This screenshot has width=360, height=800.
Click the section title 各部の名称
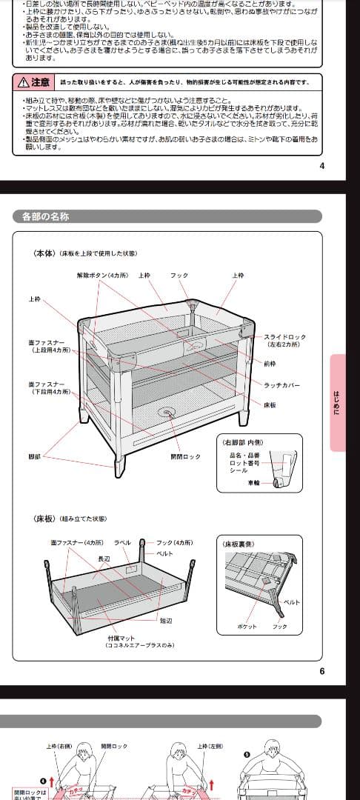click(x=46, y=216)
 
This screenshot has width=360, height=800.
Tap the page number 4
click(x=321, y=165)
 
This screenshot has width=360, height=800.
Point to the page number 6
click(x=322, y=672)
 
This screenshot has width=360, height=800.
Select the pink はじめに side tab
click(x=337, y=402)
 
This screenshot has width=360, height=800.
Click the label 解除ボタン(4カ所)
click(x=102, y=276)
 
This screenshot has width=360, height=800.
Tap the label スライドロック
click(x=285, y=337)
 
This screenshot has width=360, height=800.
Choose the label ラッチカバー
click(x=282, y=384)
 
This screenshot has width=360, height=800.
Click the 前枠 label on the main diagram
click(x=270, y=363)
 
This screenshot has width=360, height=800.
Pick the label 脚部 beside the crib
click(x=35, y=457)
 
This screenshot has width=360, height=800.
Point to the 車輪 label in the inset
click(x=253, y=482)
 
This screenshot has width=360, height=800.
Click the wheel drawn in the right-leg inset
click(x=277, y=482)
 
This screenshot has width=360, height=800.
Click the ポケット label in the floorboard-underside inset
click(x=247, y=627)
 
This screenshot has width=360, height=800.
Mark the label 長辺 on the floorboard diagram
click(x=104, y=559)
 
